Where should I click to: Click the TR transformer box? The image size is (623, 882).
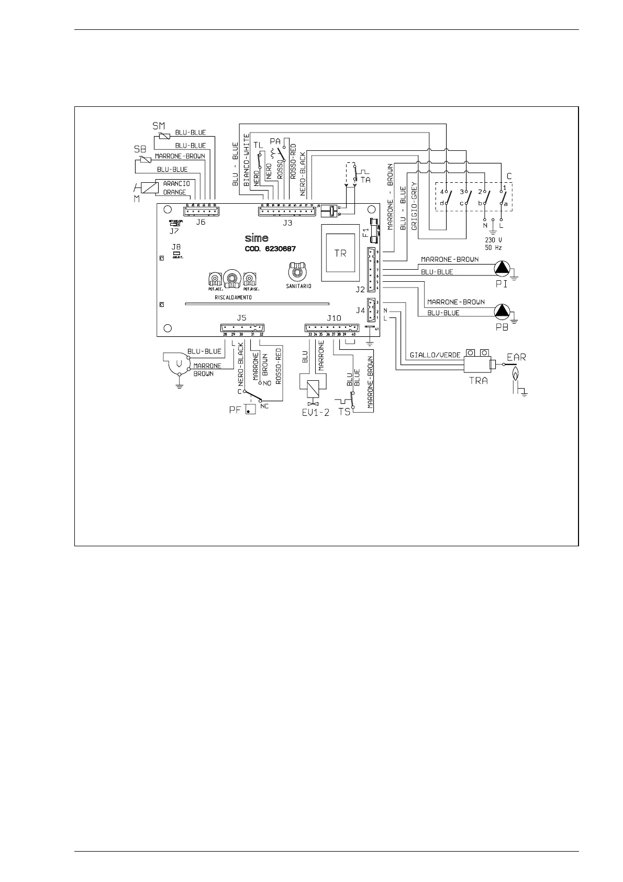340,253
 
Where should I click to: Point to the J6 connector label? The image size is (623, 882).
201,222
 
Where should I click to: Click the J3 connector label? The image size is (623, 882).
287,223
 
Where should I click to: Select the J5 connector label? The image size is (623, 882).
241,317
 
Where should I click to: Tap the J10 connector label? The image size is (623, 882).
333,318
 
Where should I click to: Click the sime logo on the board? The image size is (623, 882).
257,238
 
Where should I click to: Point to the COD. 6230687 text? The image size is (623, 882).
270,249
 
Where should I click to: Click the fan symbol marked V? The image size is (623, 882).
179,363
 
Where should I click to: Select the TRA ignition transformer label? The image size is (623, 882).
477,381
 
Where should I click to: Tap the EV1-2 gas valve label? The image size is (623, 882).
316,412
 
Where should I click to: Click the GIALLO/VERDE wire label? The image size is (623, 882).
435,355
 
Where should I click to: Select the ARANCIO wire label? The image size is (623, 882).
176,184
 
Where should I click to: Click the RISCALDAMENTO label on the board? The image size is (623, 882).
233,297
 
